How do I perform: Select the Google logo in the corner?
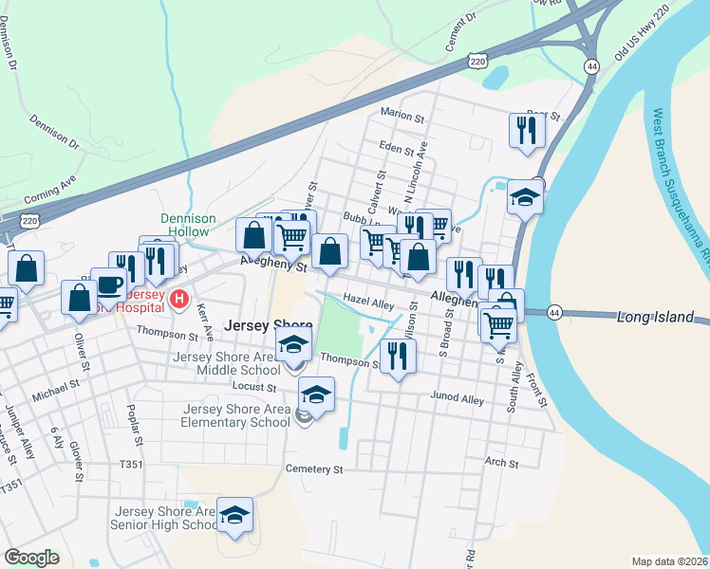pos(31,558)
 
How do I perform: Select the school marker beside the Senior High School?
pos(234,515)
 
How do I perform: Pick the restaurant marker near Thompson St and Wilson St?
pos(397,357)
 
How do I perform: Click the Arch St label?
pos(501,463)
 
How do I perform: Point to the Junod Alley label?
pos(457,398)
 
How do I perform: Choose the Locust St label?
pos(253,387)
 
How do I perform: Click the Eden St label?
pos(397,149)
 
